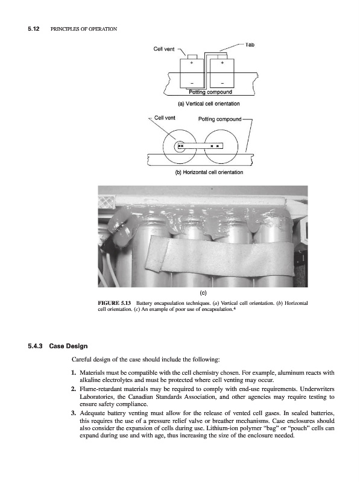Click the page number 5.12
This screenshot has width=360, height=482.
(x=34, y=29)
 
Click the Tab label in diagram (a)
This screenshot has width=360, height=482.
(x=250, y=45)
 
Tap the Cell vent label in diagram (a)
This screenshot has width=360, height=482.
(x=163, y=49)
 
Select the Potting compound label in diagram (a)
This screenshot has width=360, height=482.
(x=210, y=92)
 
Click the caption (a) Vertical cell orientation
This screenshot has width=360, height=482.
(x=209, y=104)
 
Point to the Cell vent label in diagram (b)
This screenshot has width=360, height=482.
(x=165, y=117)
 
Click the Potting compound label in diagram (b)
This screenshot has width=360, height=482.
(x=219, y=119)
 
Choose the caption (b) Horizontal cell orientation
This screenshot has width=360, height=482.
(x=209, y=172)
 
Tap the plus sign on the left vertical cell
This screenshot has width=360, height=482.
(x=192, y=63)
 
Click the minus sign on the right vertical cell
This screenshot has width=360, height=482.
(x=222, y=83)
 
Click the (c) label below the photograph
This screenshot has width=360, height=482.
(x=203, y=293)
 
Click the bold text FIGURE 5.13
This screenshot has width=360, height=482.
(x=114, y=303)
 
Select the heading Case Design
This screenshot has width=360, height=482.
(x=68, y=346)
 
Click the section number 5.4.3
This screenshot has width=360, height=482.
(x=35, y=346)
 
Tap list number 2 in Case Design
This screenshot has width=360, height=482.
(x=73, y=389)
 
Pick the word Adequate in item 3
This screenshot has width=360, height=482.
(x=92, y=413)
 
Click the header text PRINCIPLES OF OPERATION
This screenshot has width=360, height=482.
(x=84, y=29)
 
